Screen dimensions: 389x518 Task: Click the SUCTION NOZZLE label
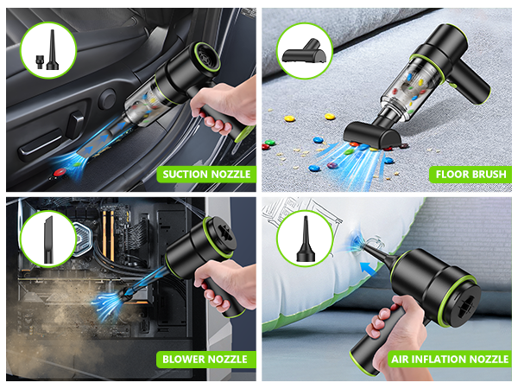[207, 174]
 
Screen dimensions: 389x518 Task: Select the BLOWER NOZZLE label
[205, 359]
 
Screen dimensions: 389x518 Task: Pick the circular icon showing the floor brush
[304, 49]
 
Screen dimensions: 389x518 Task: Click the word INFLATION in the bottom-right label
[444, 359]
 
